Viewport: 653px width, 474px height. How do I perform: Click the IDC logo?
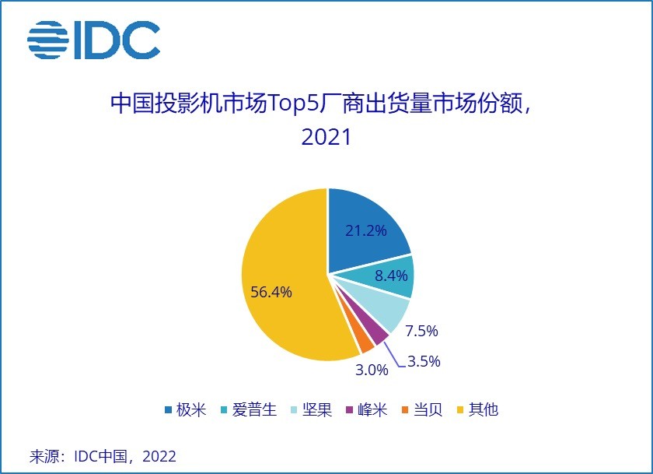tap(93, 40)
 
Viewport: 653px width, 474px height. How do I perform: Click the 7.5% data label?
tap(422, 331)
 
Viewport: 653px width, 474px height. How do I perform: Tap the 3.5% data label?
tap(424, 361)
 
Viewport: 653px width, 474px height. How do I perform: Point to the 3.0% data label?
tap(372, 370)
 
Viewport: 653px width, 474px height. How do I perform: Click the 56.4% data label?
tap(271, 292)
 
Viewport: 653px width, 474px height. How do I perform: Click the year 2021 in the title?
tap(326, 138)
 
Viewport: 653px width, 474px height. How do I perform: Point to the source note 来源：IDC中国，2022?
tap(103, 456)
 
